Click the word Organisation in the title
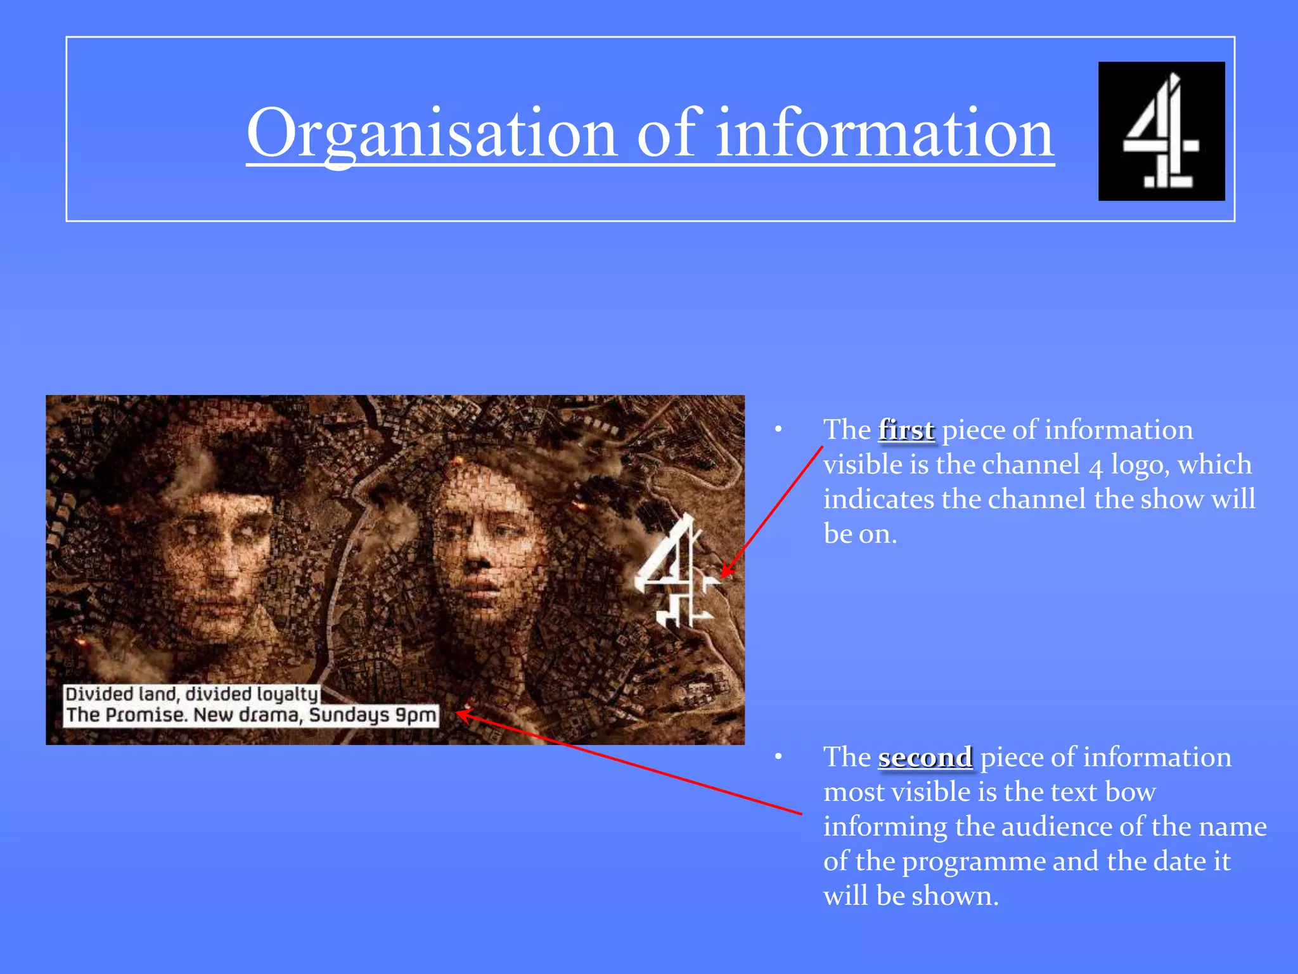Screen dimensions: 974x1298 click(432, 134)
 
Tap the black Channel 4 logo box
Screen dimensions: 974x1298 click(1161, 131)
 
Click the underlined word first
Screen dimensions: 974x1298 click(906, 430)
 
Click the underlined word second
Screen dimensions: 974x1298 click(925, 757)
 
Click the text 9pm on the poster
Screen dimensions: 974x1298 click(416, 715)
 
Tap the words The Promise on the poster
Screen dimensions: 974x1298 click(127, 715)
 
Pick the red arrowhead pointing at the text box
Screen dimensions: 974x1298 click(461, 715)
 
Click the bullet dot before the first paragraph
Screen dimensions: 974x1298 click(778, 430)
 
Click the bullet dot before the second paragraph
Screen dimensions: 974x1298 click(778, 757)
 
